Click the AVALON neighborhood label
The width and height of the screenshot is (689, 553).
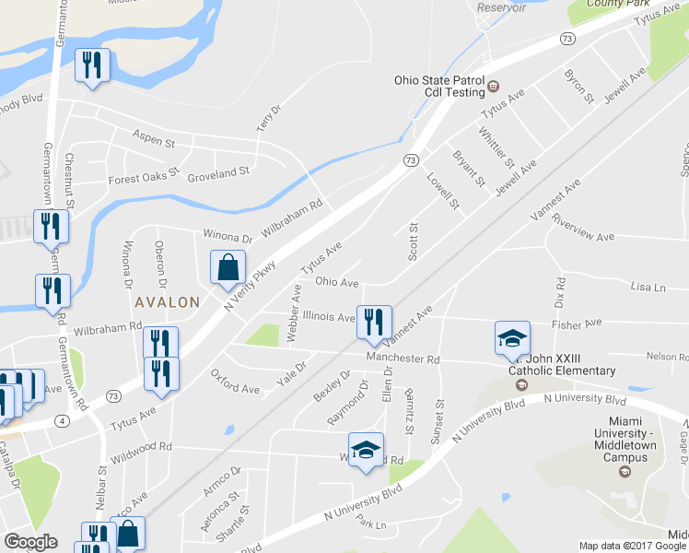(167, 301)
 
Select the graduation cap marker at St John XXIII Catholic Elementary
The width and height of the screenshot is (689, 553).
(512, 338)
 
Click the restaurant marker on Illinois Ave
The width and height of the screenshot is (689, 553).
(373, 322)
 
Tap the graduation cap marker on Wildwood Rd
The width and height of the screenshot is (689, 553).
(366, 450)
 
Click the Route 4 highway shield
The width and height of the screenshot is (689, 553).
(62, 420)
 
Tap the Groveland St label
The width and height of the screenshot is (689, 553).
(218, 171)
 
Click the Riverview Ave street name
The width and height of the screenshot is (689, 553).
(581, 237)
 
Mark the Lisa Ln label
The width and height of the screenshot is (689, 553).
(648, 288)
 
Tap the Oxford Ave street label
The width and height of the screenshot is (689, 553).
(235, 382)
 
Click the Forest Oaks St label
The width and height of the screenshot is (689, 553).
(143, 180)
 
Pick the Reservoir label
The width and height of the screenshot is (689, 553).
(500, 7)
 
